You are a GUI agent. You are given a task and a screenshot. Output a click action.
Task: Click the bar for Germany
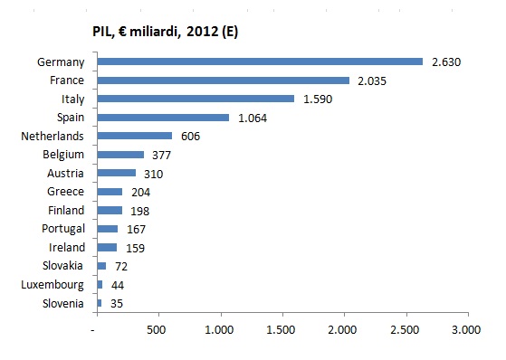pyautogui.click(x=260, y=62)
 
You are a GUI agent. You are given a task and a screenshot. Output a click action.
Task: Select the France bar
pyautogui.click(x=224, y=81)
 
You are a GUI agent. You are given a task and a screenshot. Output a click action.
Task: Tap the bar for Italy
pyautogui.click(x=196, y=99)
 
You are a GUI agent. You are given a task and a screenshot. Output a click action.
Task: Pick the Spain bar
pyautogui.click(x=163, y=118)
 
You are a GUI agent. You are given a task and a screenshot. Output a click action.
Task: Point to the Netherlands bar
pyautogui.click(x=135, y=136)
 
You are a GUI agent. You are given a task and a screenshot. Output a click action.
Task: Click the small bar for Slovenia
pyautogui.click(x=100, y=303)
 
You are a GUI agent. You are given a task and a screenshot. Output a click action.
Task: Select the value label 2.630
pyautogui.click(x=446, y=62)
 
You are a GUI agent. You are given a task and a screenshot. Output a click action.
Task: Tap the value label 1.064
pyautogui.click(x=253, y=118)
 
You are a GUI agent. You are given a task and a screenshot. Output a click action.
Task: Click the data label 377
pyautogui.click(x=161, y=156)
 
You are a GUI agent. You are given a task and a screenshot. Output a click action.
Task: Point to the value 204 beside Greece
pyautogui.click(x=140, y=193)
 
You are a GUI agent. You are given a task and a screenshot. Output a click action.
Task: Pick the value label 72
pyautogui.click(x=121, y=267)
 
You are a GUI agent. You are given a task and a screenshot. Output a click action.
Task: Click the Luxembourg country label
pyautogui.click(x=53, y=285)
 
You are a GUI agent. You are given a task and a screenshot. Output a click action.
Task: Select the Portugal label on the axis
pyautogui.click(x=63, y=229)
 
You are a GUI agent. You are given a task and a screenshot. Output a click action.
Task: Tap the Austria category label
pyautogui.click(x=65, y=174)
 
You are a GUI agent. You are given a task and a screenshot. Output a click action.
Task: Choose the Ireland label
pyautogui.click(x=67, y=248)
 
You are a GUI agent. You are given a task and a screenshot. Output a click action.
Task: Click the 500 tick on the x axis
pyautogui.click(x=157, y=329)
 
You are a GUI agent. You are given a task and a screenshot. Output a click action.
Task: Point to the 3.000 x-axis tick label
pyautogui.click(x=466, y=329)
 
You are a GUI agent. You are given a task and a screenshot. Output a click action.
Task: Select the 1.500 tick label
pyautogui.click(x=281, y=329)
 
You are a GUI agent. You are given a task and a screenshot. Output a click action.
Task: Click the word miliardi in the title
pyautogui.click(x=155, y=32)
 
